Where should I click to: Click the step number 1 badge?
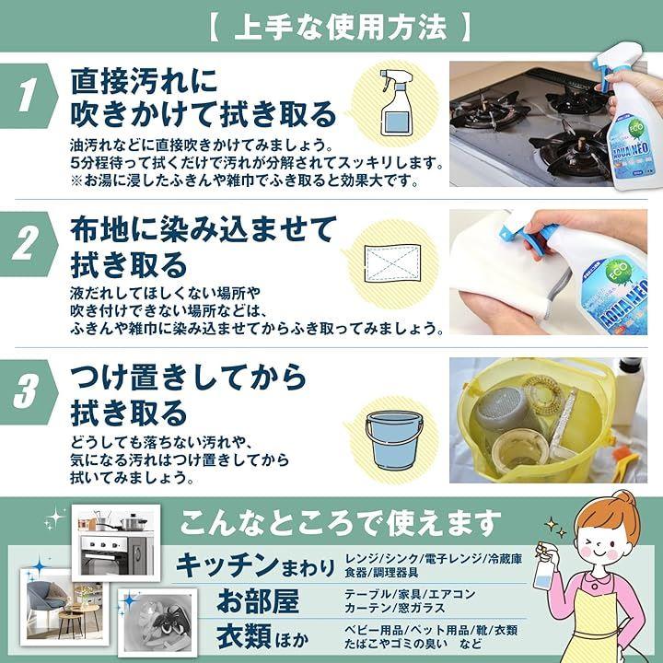click(x=26, y=96)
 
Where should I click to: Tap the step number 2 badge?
click(x=26, y=244)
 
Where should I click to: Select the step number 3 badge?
click(x=26, y=392)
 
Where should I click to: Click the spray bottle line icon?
click(x=396, y=103)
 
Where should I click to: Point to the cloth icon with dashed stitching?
click(x=392, y=262)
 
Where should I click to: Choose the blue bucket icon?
click(x=394, y=440)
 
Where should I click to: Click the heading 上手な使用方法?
click(x=341, y=28)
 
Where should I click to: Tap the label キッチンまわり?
click(x=255, y=565)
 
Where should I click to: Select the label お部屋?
click(x=258, y=600)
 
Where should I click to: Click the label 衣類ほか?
click(x=262, y=637)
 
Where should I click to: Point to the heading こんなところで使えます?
click(x=340, y=523)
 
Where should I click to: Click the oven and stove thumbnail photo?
click(x=116, y=542)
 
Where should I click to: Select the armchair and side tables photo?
click(x=64, y=607)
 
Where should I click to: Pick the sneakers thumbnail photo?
click(x=157, y=622)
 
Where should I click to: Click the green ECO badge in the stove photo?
click(x=635, y=130)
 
